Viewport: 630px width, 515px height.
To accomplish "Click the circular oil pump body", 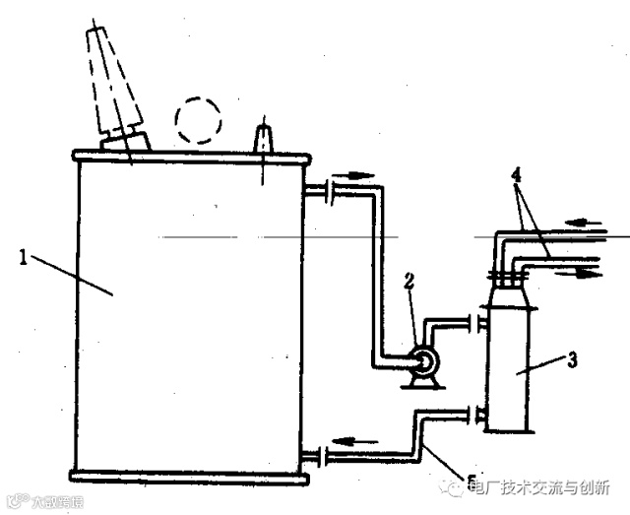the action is tap(426, 364).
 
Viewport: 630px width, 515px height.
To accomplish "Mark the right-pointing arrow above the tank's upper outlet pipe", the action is tap(356, 177).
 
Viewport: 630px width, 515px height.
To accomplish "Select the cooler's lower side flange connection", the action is tap(481, 415).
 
